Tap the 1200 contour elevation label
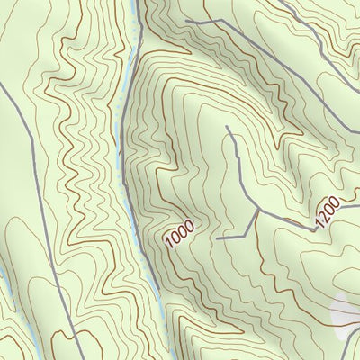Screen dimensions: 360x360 click(328, 211)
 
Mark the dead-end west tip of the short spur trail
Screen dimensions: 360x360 click(219, 238)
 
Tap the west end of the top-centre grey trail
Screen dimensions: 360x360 click(186, 20)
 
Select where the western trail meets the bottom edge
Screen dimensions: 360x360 click(84, 358)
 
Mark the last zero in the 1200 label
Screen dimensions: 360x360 click(336, 201)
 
